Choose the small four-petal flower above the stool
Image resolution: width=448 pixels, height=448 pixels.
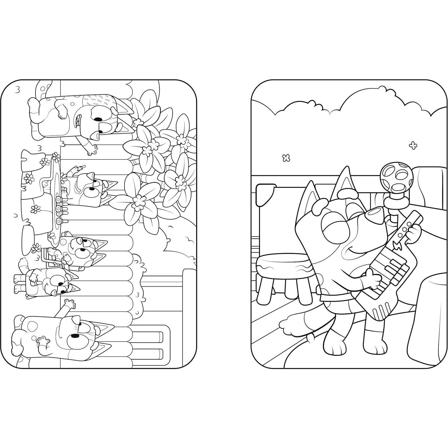(x=286, y=158)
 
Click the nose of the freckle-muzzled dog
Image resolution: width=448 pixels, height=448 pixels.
(x=76, y=320)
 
